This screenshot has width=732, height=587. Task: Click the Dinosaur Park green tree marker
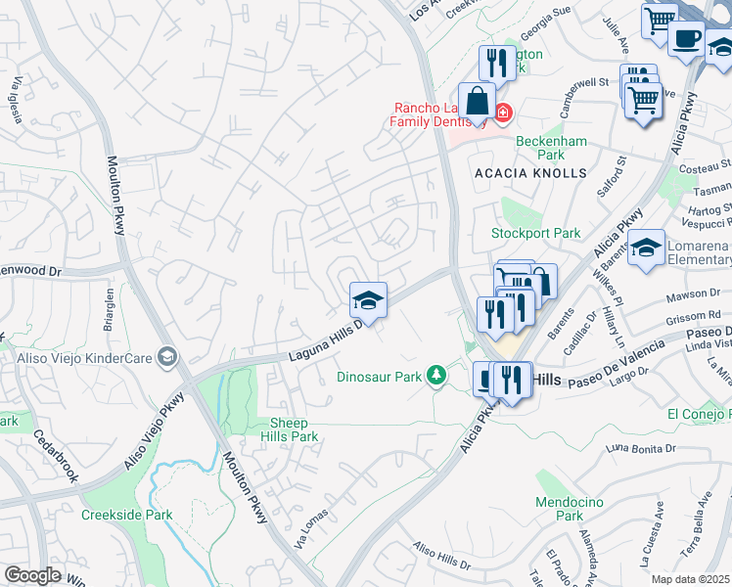435,375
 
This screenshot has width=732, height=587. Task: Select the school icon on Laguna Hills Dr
369,300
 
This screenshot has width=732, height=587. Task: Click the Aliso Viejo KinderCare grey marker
166,357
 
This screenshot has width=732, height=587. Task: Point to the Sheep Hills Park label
289,429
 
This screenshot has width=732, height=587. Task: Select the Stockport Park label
535,234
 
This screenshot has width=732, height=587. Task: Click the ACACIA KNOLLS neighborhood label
529,173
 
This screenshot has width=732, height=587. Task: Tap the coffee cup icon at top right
686,39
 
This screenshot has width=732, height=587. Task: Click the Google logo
32,575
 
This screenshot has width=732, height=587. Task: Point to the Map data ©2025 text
691,579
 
